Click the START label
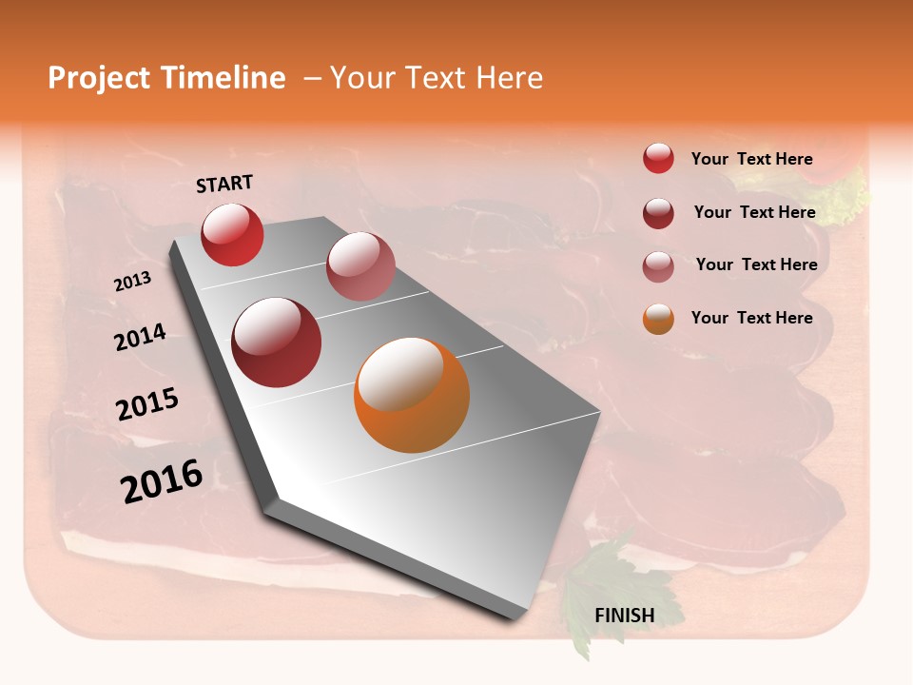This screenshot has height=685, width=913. [224, 184]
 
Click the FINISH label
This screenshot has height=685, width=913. [624, 616]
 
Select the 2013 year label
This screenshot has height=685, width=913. [132, 282]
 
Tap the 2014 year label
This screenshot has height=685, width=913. [140, 337]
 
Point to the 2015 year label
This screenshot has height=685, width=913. [147, 404]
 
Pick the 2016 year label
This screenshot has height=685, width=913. [162, 480]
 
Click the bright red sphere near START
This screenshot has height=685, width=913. [232, 234]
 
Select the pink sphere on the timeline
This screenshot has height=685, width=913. [360, 266]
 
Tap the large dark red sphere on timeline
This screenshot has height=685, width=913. [277, 342]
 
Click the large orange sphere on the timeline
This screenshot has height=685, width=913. [412, 395]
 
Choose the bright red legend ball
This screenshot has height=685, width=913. [658, 158]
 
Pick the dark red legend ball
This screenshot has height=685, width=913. [658, 213]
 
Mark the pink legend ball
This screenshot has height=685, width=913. [658, 266]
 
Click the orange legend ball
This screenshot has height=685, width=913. [658, 319]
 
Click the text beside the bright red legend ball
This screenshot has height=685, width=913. [751, 159]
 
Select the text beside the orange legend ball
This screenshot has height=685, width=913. [751, 318]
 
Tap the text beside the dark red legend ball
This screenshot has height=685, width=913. [754, 212]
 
